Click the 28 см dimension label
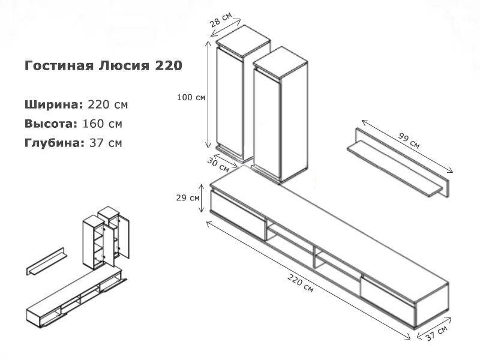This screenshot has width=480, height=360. coord(221,20)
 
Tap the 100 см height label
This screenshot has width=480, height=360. coord(191,97)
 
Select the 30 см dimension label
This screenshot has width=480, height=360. coord(218,164)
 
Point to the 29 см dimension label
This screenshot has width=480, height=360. coord(188,198)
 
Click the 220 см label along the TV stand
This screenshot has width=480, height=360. coord(301,283)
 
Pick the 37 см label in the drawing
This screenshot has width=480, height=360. coord(437,333)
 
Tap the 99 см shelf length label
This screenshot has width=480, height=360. coord(409,140)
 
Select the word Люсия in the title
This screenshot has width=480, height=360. coord(124,65)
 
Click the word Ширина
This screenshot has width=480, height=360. coord(53,104)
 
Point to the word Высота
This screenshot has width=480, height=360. coord(51,124)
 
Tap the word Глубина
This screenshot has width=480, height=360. coord(55,143)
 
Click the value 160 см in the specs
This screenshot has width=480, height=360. coord(103,124)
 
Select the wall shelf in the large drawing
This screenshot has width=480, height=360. coord(398,162)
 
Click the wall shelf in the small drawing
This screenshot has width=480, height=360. coord(47,262)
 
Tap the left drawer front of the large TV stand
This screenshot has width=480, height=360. coord(238,215)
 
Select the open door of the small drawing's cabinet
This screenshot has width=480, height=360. coord(124,236)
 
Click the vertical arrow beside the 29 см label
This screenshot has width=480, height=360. coord(201,198)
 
